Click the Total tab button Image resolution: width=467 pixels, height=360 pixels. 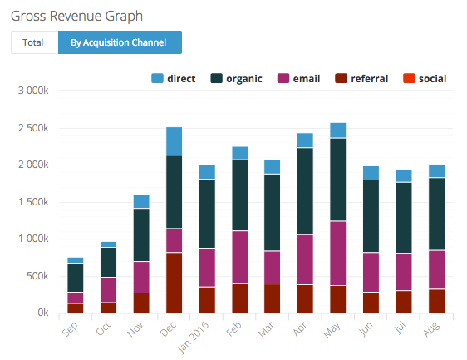click(x=33, y=42)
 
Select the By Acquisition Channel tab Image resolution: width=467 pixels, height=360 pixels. click(x=119, y=42)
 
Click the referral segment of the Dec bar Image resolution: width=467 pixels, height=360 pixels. click(x=174, y=283)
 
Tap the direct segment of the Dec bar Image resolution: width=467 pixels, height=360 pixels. click(x=174, y=141)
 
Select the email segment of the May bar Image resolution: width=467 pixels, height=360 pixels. click(x=337, y=254)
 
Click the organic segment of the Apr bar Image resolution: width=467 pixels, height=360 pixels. click(x=305, y=191)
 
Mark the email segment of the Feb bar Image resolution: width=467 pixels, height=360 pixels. click(x=239, y=257)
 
